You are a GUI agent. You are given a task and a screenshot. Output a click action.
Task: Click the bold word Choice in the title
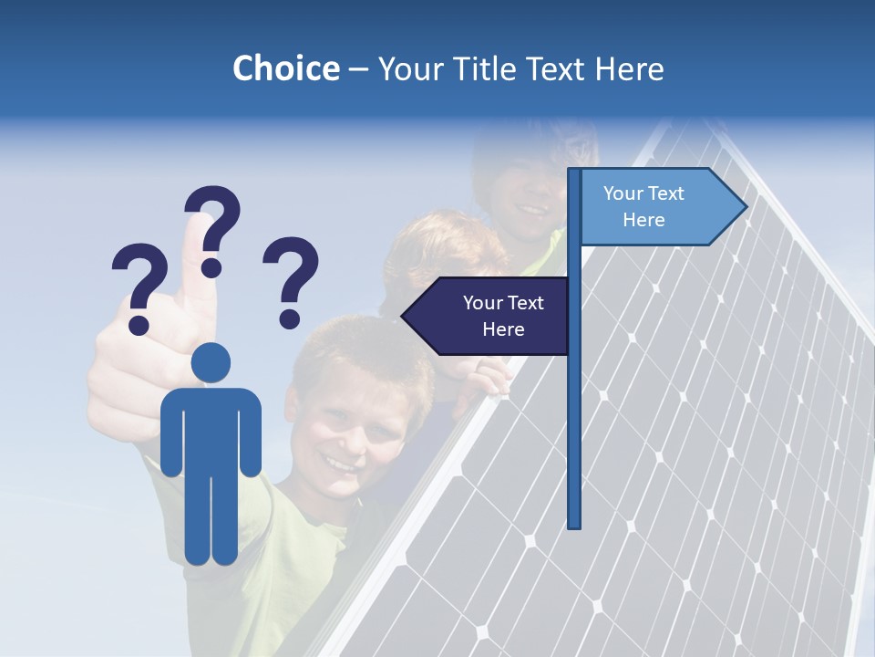tap(285, 68)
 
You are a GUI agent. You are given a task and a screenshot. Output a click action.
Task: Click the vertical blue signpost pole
tap(573, 411)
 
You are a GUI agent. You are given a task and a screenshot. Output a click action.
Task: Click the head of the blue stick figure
tap(211, 363)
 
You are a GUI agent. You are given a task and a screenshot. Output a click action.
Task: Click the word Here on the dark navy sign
tap(503, 329)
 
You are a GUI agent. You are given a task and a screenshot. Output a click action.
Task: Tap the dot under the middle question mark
tap(211, 268)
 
